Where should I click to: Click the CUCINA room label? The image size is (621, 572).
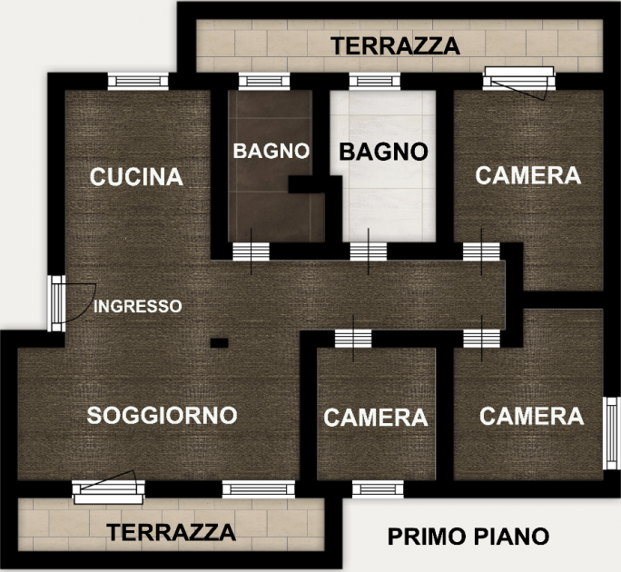click(x=136, y=177)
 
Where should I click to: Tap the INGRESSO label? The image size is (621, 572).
click(x=138, y=306)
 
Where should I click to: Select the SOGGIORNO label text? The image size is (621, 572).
click(x=162, y=415)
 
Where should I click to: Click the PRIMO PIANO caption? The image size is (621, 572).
click(x=468, y=537)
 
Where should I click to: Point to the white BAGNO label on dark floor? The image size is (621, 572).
click(x=271, y=151)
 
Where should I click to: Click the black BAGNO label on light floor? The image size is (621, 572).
click(x=384, y=152)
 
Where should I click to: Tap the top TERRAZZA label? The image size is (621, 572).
click(x=395, y=46)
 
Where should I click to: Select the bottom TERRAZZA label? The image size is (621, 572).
click(x=171, y=532)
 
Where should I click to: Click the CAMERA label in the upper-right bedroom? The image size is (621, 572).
click(x=527, y=175)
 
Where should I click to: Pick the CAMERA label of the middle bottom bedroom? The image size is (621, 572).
click(x=376, y=418)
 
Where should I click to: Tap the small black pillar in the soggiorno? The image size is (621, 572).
click(x=219, y=343)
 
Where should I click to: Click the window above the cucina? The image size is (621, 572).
click(x=138, y=81)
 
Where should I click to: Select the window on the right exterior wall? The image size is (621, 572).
click(x=612, y=433)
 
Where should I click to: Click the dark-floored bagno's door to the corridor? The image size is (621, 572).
click(x=251, y=251)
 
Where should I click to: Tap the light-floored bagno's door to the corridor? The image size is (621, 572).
click(x=369, y=251)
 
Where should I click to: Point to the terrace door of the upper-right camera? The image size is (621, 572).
click(x=518, y=81)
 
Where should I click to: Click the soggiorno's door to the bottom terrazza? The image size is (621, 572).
click(x=108, y=489)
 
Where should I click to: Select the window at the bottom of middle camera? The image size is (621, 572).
click(x=378, y=489)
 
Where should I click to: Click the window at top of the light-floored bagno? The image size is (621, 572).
click(x=374, y=81)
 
